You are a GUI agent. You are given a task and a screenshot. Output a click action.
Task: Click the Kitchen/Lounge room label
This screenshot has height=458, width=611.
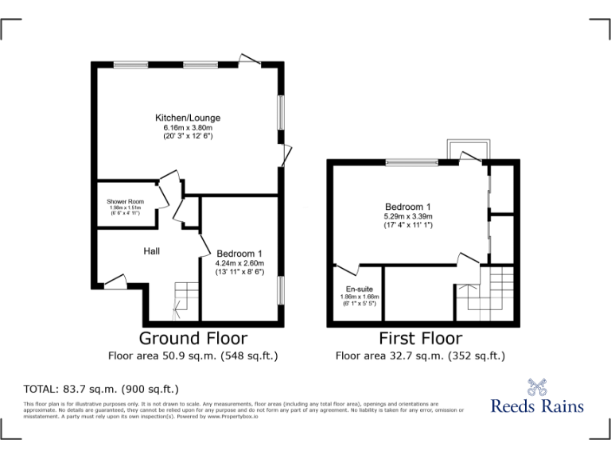188,118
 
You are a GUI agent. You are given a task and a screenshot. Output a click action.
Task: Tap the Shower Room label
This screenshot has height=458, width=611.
125,202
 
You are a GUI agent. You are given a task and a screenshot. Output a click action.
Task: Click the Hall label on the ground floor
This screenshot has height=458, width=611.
151,251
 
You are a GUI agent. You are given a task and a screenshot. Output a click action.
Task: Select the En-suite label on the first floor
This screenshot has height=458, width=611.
357,289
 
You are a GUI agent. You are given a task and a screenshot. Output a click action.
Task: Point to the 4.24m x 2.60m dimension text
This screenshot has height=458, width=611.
239,263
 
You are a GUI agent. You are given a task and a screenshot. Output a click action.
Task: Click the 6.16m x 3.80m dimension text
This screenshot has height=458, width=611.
188,128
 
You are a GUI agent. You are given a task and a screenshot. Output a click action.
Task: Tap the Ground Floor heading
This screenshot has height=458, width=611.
193,339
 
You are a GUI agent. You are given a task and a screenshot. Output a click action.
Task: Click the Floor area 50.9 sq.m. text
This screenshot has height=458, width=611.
193,355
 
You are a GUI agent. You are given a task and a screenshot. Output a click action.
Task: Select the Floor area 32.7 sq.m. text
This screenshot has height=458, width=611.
420,355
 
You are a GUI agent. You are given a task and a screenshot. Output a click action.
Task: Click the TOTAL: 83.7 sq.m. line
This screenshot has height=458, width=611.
102,389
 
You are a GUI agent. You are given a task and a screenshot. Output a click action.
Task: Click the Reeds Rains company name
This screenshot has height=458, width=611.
537,406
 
